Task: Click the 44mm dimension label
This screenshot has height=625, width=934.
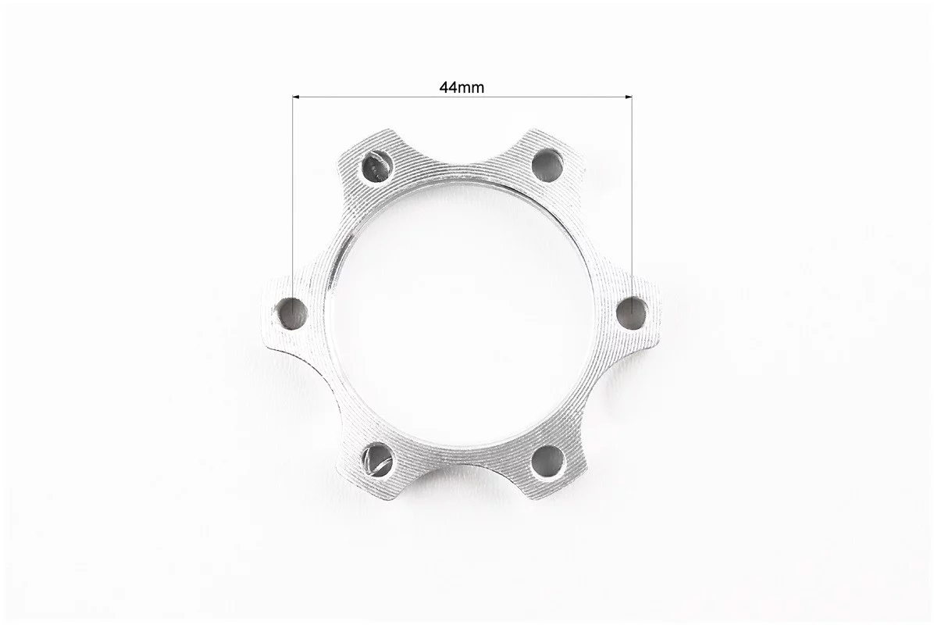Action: pos(462,87)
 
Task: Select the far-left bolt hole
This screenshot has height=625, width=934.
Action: pos(293,312)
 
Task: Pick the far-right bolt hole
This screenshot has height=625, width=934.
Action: pos(632,312)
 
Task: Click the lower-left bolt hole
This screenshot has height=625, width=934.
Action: pos(376,459)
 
